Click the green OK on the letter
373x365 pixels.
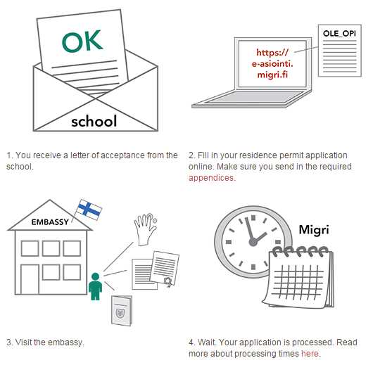coord(82,41)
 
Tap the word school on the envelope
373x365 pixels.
coord(94,121)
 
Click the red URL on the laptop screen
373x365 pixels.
coord(272,63)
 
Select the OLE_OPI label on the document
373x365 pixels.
coord(339,34)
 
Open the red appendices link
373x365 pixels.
coord(211,178)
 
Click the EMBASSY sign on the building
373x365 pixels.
coord(50,222)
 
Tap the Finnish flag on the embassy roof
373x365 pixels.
coord(89,210)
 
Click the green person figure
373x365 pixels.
coord(95,286)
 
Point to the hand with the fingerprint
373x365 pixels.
coord(146,229)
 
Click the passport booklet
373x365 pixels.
coord(122,311)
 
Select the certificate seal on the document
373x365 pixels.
coord(168,281)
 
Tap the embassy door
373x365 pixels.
coord(30,280)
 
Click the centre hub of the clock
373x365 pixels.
coord(253,242)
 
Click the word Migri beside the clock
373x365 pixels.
coord(314,230)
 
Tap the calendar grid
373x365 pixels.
coord(298,282)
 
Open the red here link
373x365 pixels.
coord(310,354)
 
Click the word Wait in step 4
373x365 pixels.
coord(207,342)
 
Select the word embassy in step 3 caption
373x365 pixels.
coord(66,342)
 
